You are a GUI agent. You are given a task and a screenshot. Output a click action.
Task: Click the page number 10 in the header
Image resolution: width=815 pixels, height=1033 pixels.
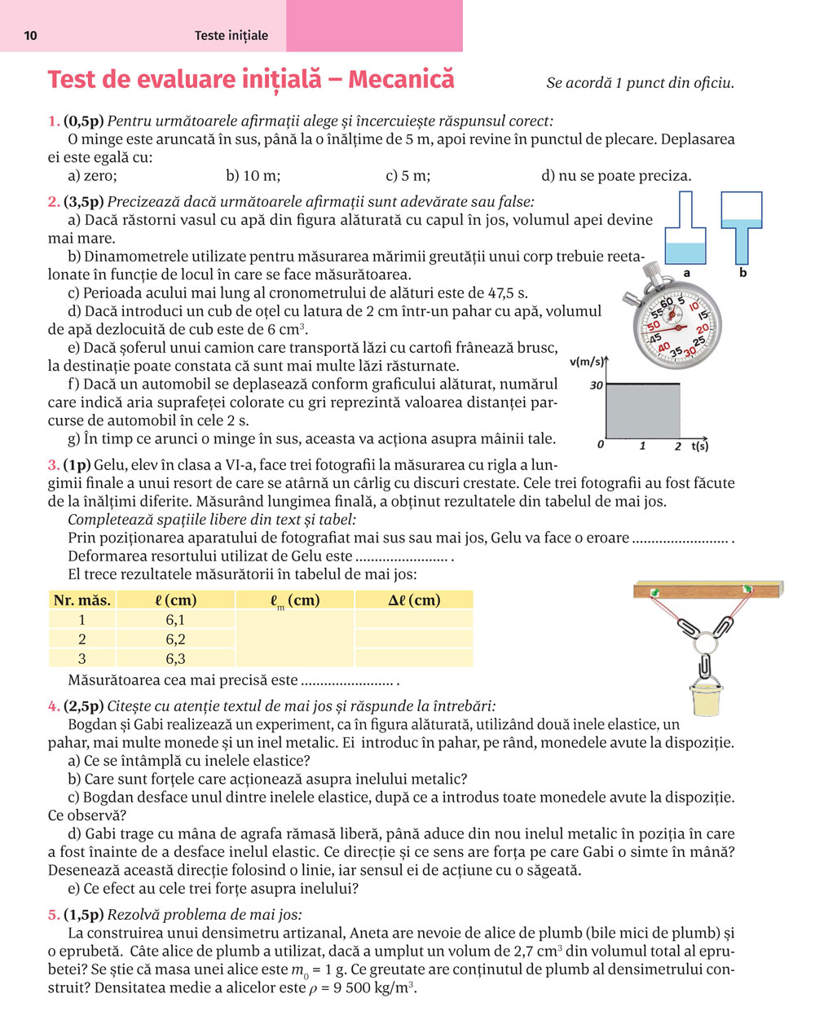click(x=31, y=35)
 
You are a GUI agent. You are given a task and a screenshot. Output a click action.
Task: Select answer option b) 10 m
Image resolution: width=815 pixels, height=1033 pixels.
click(x=253, y=175)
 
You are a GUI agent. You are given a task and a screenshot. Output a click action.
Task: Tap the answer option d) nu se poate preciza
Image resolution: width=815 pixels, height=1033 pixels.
click(x=616, y=175)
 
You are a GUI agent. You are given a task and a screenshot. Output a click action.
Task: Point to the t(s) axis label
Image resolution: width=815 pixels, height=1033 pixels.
click(x=699, y=446)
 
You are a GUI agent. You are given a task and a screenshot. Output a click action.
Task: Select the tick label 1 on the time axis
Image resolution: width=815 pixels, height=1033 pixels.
click(x=643, y=446)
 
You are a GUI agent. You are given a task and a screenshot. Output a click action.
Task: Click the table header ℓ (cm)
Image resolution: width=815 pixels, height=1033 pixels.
click(x=176, y=600)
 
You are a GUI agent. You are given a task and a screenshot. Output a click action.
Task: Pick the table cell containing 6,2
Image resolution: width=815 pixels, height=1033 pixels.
click(x=175, y=640)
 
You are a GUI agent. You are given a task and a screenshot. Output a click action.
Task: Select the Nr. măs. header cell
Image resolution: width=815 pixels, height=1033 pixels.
click(x=81, y=600)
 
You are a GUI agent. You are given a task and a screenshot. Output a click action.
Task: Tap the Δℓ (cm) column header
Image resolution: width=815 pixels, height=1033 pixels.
click(x=414, y=600)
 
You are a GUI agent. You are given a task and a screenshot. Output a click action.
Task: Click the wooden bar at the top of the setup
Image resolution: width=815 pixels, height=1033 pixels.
click(x=707, y=588)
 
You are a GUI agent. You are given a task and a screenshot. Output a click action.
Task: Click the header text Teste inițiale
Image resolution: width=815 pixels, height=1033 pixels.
click(x=231, y=35)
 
